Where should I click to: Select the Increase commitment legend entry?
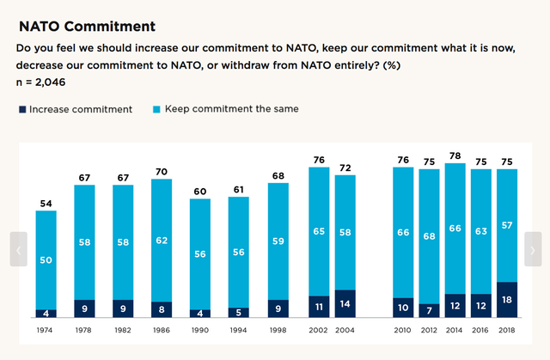(76, 109)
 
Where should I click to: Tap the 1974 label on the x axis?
(46, 329)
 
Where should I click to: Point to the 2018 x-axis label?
(507, 329)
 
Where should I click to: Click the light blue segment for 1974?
(46, 260)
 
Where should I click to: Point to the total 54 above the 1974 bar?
(46, 203)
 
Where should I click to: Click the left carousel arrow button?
(18, 249)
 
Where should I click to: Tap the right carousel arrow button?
(533, 249)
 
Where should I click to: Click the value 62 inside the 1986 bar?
(162, 241)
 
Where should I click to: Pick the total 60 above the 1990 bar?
(201, 191)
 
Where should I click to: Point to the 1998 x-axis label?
(278, 329)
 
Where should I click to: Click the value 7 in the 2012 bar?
(430, 308)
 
